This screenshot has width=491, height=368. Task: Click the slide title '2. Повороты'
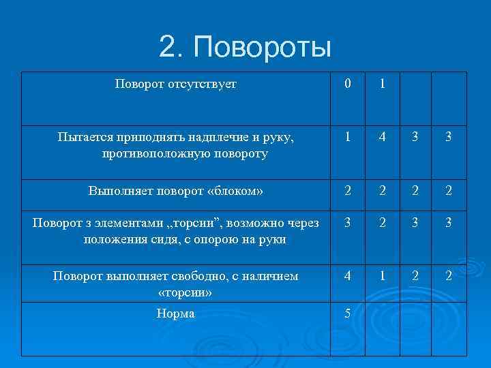[245, 48]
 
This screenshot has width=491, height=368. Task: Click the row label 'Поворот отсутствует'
[176, 85]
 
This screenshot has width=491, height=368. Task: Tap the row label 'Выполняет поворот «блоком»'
[176, 191]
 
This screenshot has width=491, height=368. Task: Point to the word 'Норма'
[175, 314]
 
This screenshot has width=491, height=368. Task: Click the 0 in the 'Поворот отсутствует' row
[348, 85]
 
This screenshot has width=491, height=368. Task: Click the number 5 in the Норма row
[348, 314]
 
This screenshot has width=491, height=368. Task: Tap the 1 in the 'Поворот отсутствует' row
[383, 85]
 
